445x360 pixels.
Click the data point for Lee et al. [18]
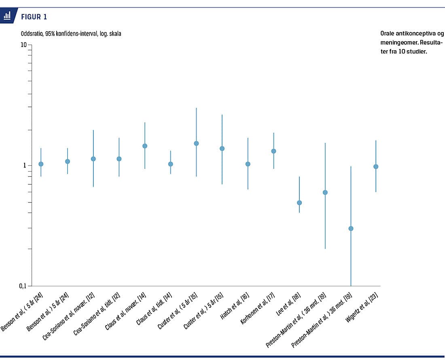coord(299,202)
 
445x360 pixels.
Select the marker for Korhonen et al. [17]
coord(273,151)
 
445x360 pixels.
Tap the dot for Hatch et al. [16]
coord(248,164)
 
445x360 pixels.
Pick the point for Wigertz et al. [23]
coord(376,166)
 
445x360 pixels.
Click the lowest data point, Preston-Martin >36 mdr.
coord(351,228)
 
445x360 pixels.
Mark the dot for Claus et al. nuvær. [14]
coord(145,146)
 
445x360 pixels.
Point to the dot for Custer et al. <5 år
coord(196,143)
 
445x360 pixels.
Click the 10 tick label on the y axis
coord(23,45)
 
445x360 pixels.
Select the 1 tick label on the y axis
coord(24,165)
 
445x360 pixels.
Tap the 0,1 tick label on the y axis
coord(22,286)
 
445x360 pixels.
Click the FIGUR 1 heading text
coord(34,17)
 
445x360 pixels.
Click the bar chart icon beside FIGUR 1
coord(7,15)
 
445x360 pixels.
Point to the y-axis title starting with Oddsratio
coord(71,34)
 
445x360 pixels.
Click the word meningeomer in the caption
coord(399,43)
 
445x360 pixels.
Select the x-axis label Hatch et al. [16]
coord(235,306)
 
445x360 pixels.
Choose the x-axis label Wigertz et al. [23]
coord(362,307)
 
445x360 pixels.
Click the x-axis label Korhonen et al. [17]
coord(257,308)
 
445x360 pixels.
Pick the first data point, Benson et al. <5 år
coord(41,164)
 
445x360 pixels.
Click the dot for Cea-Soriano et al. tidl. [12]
coord(119,159)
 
